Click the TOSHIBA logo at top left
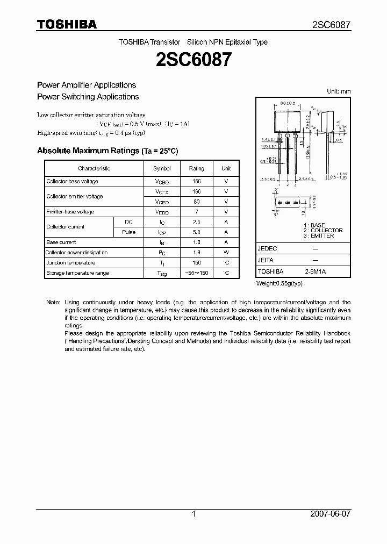click(x=67, y=24)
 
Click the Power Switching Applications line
click(x=88, y=97)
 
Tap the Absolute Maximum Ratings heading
click(x=107, y=151)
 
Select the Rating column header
click(x=196, y=168)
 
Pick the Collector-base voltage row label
click(x=72, y=182)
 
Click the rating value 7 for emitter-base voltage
click(x=196, y=212)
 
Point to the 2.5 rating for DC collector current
click(x=196, y=222)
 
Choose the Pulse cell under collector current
click(x=128, y=232)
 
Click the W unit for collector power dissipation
click(x=226, y=253)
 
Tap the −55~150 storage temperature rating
click(x=196, y=273)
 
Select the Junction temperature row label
click(x=70, y=263)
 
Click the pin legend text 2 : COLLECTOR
click(x=322, y=230)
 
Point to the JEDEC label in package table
click(x=267, y=249)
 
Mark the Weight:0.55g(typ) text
click(x=279, y=283)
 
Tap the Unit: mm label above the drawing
click(x=339, y=91)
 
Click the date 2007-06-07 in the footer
click(x=330, y=514)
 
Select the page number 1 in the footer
click(x=193, y=514)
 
